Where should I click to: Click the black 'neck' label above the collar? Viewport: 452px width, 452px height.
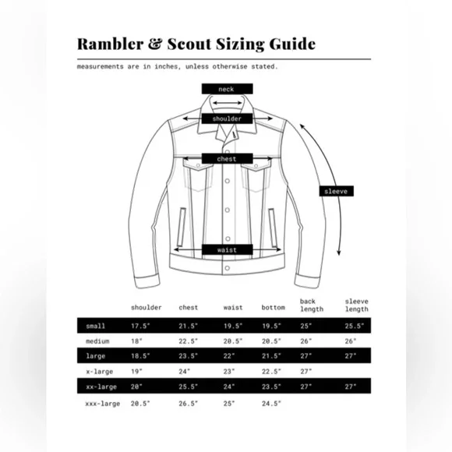pos(227,89)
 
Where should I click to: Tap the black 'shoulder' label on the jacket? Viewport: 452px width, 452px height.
pos(227,118)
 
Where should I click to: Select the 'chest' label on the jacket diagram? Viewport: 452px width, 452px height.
pos(227,158)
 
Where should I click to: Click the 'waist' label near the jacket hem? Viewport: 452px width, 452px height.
pos(227,249)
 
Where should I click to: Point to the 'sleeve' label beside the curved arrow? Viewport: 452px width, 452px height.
pos(336,191)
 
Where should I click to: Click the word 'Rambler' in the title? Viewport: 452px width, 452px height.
pos(110,44)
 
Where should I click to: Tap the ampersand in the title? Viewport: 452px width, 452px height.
pos(155,44)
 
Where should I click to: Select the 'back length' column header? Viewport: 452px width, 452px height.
pos(312,305)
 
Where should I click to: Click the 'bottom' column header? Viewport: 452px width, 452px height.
pos(274,308)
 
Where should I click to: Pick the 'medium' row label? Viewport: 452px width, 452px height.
pos(97,341)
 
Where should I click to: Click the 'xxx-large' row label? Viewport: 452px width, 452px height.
pos(103,404)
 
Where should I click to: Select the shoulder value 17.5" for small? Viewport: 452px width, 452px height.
pos(141,326)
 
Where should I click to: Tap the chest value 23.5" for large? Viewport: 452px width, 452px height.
pos(189,356)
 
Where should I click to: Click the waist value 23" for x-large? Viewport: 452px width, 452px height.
pos(229,371)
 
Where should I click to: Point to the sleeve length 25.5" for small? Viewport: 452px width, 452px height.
pos(355,326)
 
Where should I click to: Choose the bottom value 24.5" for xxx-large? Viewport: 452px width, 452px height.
pos(271,404)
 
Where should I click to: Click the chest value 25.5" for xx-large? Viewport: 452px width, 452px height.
pos(189,387)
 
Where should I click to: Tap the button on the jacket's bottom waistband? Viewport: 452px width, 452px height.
pos(228,268)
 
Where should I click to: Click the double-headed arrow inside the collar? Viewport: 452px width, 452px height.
pos(227,103)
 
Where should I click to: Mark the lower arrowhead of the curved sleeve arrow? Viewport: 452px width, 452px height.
pos(339,252)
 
